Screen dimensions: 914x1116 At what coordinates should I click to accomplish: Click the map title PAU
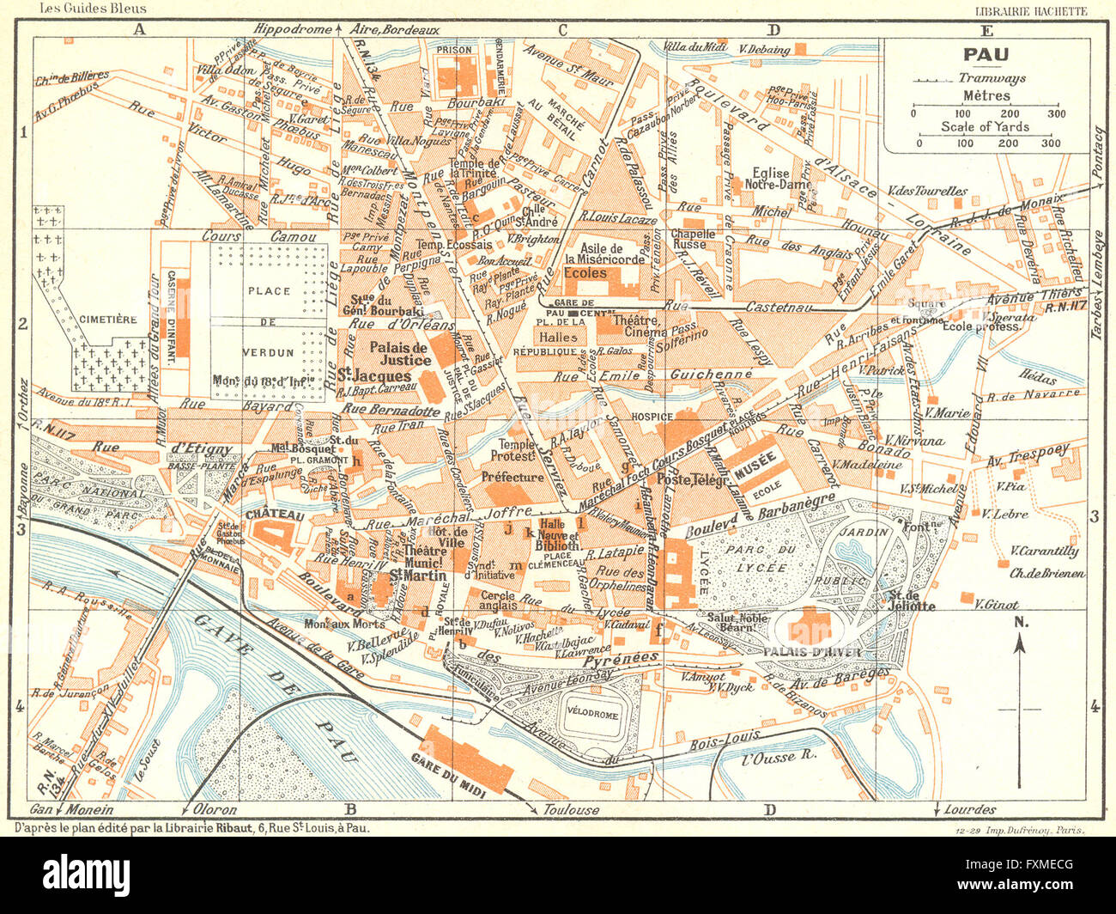click(x=986, y=56)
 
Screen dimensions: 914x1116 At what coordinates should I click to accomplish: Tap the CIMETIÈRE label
click(x=107, y=320)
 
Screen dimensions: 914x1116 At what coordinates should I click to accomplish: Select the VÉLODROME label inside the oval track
click(x=592, y=715)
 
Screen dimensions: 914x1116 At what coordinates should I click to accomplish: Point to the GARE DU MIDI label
click(x=448, y=777)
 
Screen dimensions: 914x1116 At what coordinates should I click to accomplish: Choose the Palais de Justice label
click(x=399, y=354)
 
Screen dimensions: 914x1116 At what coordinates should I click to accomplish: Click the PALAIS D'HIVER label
click(x=810, y=651)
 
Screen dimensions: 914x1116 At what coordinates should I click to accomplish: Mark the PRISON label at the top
click(x=454, y=51)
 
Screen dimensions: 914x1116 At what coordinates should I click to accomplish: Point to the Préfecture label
click(x=513, y=477)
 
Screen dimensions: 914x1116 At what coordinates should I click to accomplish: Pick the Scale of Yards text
click(x=985, y=126)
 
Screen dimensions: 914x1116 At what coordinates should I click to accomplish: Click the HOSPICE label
click(x=652, y=417)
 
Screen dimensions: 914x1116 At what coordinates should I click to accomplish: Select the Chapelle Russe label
click(x=693, y=239)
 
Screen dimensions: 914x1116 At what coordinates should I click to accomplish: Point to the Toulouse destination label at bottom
click(x=572, y=809)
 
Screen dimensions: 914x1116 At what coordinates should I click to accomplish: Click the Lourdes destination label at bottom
click(x=970, y=809)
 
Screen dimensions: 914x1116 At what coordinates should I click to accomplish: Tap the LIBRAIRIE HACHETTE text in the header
click(x=1031, y=11)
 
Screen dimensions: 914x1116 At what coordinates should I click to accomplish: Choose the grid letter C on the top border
click(x=562, y=31)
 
